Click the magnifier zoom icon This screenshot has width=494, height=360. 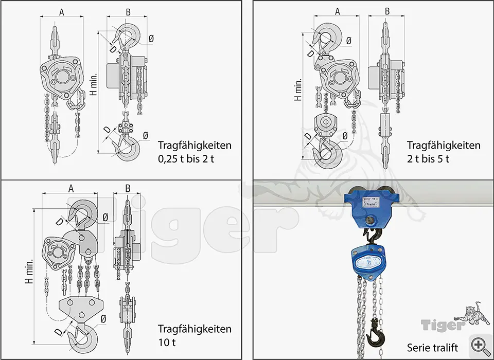pyautogui.click(x=479, y=344)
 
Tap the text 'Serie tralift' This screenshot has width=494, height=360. pyautogui.click(x=432, y=347)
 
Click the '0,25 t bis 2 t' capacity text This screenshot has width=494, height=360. pyautogui.click(x=186, y=159)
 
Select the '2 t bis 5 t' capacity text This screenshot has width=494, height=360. pyautogui.click(x=428, y=159)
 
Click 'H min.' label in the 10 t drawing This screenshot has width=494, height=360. pyautogui.click(x=29, y=271)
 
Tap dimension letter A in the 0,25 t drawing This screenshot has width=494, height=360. pyautogui.click(x=61, y=12)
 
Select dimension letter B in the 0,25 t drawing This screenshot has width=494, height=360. pyautogui.click(x=128, y=12)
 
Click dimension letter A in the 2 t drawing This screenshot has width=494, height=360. pyautogui.click(x=338, y=11)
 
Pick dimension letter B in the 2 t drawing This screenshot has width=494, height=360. pyautogui.click(x=387, y=11)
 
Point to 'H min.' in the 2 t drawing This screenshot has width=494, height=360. pyautogui.click(x=297, y=89)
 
